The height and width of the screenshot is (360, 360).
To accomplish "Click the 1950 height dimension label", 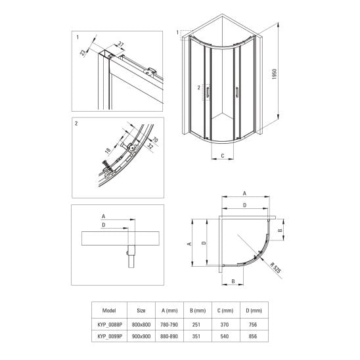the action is [x=275, y=74].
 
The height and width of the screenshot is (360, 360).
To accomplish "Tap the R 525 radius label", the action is [x=276, y=268].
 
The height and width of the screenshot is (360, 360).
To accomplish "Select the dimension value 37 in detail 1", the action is [x=121, y=44].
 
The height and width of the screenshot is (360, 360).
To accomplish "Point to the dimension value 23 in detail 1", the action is [x=83, y=53].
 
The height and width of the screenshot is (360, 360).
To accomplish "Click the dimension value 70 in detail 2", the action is [x=156, y=139].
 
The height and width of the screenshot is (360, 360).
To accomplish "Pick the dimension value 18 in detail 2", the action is [x=108, y=150].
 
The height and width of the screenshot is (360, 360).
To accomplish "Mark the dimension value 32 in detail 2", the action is [x=150, y=146].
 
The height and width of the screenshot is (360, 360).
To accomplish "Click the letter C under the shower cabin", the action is [x=223, y=156].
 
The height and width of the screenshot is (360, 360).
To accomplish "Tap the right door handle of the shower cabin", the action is [x=237, y=92].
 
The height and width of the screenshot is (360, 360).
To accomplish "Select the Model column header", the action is [x=109, y=311].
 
